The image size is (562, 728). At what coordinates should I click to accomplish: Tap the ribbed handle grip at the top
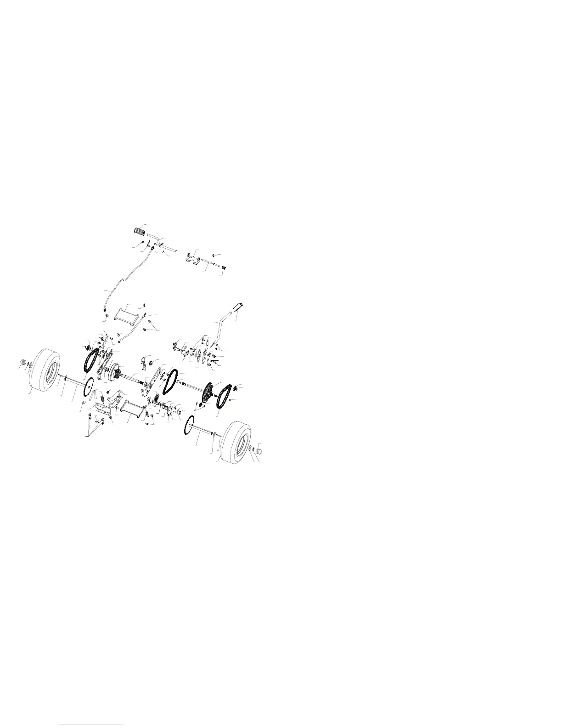click(140, 231)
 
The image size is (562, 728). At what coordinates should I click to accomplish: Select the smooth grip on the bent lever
click(240, 307)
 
